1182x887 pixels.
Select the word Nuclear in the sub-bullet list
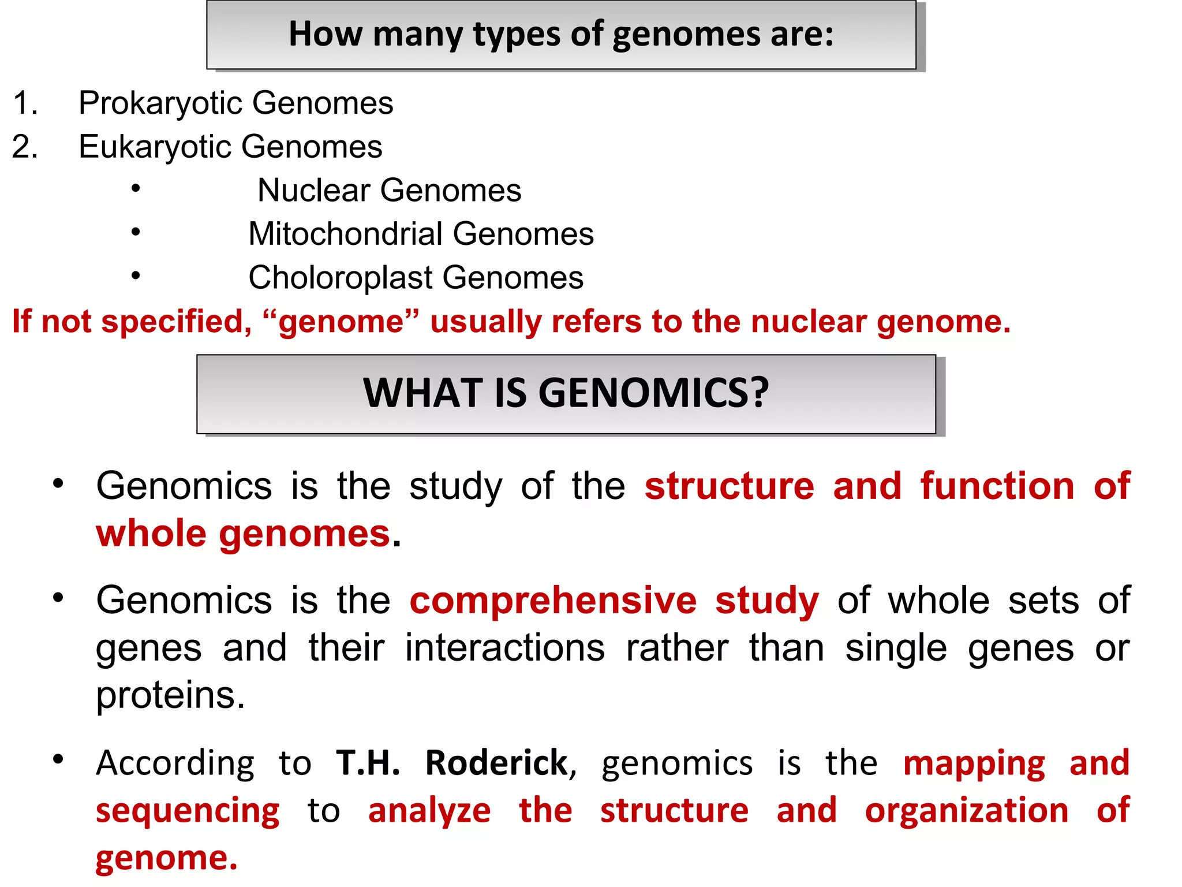pos(313,191)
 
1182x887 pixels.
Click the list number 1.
pos(25,104)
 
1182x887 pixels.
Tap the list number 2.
pos(25,147)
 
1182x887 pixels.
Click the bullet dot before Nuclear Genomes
pos(136,188)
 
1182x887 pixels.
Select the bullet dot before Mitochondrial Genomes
pos(136,232)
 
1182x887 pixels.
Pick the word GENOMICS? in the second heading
pos(653,394)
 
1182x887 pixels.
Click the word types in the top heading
pos(517,35)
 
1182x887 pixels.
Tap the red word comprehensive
pos(553,601)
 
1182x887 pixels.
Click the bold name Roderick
pos(497,763)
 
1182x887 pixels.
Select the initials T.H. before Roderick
pos(368,763)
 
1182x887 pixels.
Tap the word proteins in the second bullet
pos(170,695)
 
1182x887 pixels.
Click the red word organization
pos(967,811)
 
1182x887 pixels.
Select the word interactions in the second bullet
pos(504,648)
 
